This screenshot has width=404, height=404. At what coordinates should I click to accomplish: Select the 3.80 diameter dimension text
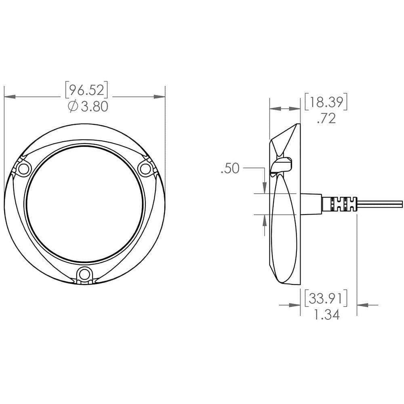click(94, 106)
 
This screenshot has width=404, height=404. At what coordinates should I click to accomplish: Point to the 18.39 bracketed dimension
click(326, 102)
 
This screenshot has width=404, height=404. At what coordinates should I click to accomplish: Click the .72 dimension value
click(326, 118)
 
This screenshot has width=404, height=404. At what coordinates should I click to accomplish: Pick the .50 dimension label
click(230, 168)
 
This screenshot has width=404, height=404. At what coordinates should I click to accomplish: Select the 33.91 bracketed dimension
click(326, 298)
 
